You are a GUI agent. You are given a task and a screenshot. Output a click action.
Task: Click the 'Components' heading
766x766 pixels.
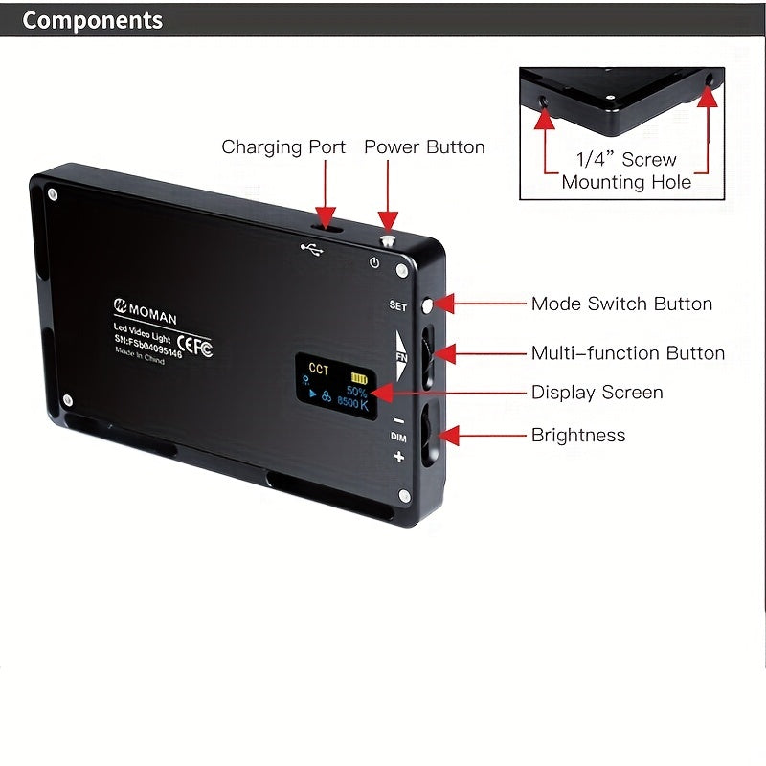click(93, 21)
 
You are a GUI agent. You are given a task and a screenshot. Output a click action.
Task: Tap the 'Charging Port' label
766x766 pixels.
click(283, 147)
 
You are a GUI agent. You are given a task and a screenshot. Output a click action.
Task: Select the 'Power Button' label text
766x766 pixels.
click(424, 147)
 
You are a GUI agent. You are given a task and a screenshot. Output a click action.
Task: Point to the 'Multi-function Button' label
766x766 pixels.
click(627, 353)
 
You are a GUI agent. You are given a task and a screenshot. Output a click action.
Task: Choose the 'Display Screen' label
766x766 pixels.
click(597, 393)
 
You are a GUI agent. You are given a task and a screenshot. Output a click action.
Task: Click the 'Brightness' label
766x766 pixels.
click(578, 436)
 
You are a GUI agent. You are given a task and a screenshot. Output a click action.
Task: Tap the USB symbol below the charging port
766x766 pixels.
click(312, 249)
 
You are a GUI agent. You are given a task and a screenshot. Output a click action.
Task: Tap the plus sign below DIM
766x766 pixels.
click(398, 457)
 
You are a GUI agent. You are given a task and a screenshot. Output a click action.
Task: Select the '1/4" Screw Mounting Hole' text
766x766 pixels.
click(626, 170)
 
